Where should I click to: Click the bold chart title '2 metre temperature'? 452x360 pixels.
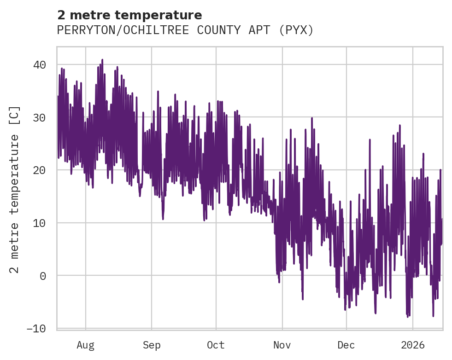pyautogui.click(x=129, y=15)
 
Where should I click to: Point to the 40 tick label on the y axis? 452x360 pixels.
pyautogui.click(x=39, y=65)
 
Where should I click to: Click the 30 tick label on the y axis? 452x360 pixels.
pyautogui.click(x=39, y=118)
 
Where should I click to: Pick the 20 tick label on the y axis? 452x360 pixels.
pyautogui.click(x=39, y=170)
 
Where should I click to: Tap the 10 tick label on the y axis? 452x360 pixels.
pyautogui.click(x=39, y=223)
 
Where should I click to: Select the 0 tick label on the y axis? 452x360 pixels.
pyautogui.click(x=42, y=276)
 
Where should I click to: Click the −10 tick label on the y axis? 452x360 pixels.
pyautogui.click(x=36, y=329)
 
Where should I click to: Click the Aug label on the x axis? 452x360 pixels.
pyautogui.click(x=85, y=345)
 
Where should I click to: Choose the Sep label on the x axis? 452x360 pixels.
pyautogui.click(x=151, y=345)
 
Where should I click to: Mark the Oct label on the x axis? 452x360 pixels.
pyautogui.click(x=216, y=345)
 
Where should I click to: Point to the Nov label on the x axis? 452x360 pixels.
pyautogui.click(x=282, y=345)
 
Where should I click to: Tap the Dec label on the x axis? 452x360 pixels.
pyautogui.click(x=346, y=345)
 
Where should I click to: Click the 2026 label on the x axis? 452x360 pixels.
pyautogui.click(x=413, y=345)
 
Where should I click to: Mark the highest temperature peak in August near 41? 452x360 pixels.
pyautogui.click(x=102, y=60)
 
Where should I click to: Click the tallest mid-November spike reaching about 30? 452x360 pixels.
pyautogui.click(x=312, y=118)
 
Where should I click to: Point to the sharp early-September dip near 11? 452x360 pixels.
pyautogui.click(x=163, y=218)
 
